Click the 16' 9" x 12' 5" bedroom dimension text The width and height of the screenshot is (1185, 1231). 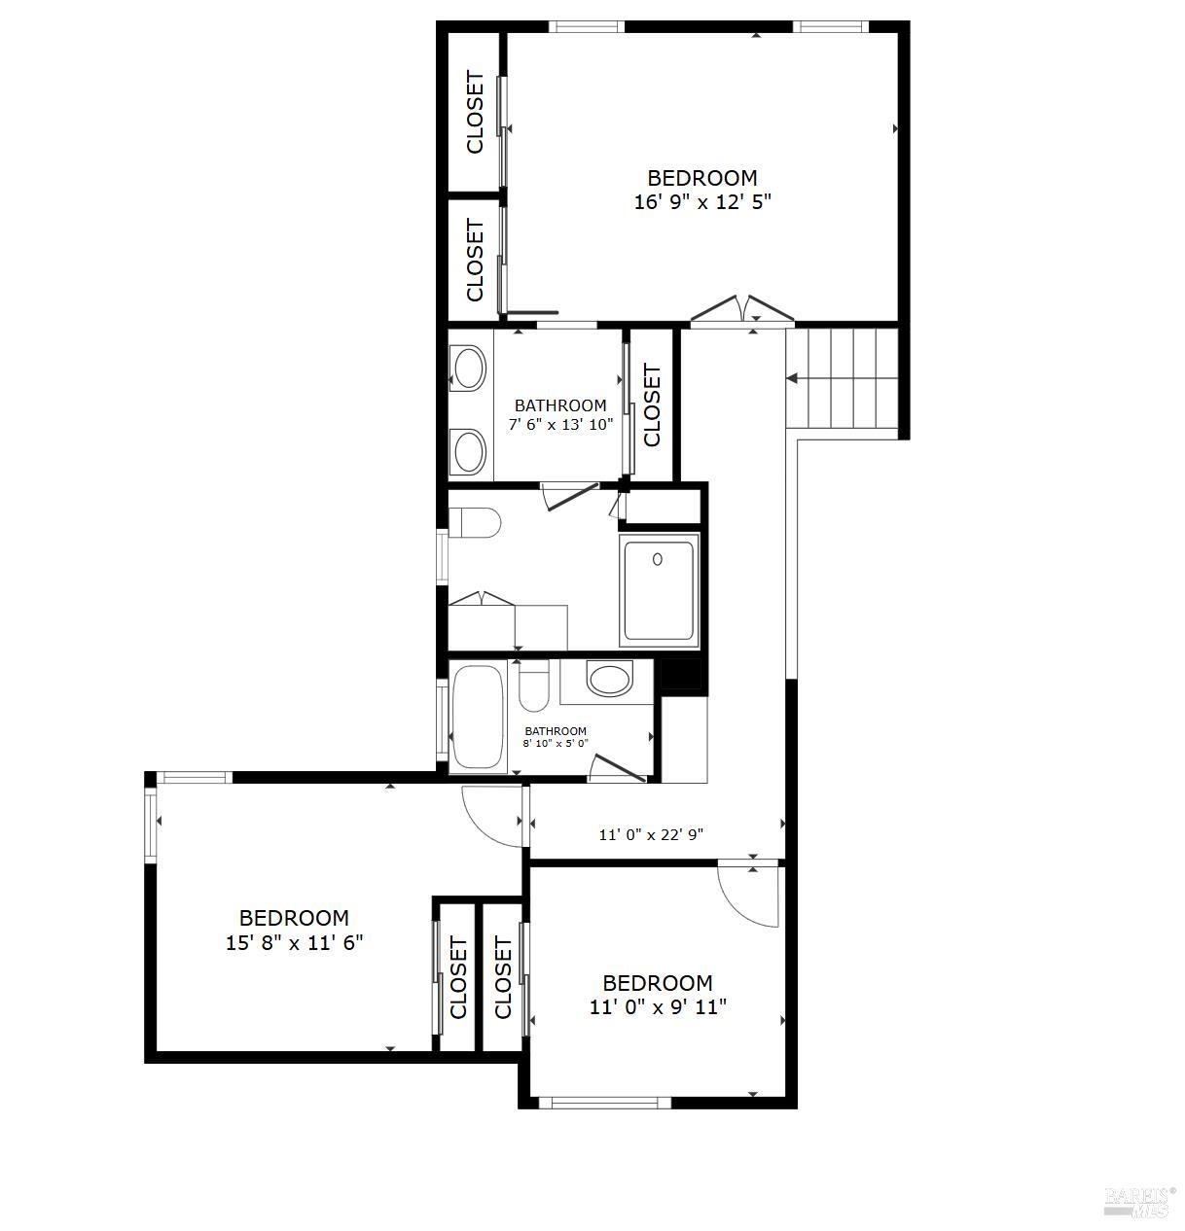tap(702, 202)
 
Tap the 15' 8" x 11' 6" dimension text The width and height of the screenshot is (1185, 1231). tap(295, 943)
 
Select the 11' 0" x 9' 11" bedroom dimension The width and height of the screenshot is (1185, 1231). tap(659, 1007)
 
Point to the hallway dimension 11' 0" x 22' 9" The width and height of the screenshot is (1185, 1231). tap(652, 835)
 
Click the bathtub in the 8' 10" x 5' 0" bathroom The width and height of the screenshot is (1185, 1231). tap(478, 716)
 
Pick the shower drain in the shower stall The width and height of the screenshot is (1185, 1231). tap(658, 559)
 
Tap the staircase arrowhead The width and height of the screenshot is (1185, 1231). tap(791, 379)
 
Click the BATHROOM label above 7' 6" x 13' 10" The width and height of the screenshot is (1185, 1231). tap(560, 405)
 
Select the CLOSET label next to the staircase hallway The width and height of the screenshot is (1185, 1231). tap(652, 405)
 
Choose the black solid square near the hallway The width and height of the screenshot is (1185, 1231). tap(681, 674)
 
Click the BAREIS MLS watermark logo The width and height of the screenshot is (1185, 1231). tap(1138, 1198)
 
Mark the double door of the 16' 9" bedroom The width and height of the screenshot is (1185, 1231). tap(742, 310)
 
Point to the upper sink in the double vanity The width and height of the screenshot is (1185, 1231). tap(469, 367)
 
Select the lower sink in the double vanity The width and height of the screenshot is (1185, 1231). tap(469, 451)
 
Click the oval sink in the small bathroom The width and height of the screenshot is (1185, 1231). tap(609, 678)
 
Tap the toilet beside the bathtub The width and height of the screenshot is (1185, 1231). tap(533, 686)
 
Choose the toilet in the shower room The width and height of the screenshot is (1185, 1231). tap(475, 522)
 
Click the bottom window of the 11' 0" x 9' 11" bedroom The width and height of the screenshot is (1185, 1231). tap(604, 1103)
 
